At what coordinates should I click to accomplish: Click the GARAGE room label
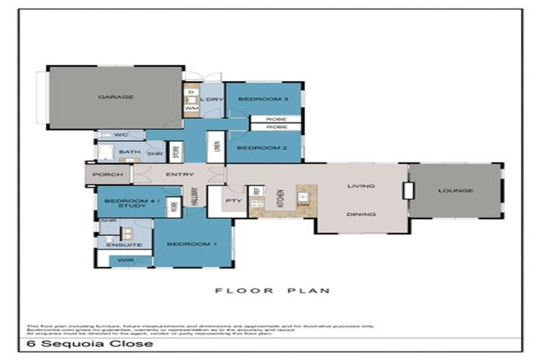(x=116, y=97)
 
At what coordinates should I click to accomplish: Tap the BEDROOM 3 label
(x=259, y=99)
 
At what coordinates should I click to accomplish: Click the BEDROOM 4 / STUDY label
(x=125, y=204)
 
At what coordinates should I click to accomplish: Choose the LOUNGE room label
(x=455, y=191)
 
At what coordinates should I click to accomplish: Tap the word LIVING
(x=361, y=186)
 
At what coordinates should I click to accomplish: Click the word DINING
(x=361, y=214)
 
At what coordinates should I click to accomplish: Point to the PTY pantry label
(x=233, y=200)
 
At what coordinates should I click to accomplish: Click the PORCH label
(x=108, y=174)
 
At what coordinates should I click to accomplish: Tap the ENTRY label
(x=179, y=174)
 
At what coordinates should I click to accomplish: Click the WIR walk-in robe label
(x=125, y=260)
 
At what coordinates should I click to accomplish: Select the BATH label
(x=129, y=152)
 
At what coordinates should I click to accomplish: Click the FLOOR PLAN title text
(x=272, y=290)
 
